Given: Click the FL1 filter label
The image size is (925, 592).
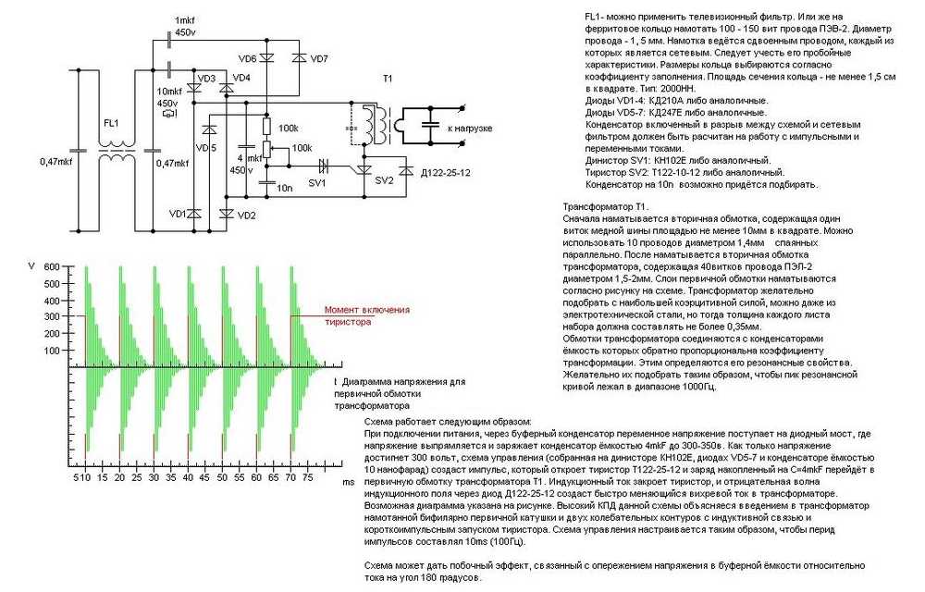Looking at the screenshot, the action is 111,123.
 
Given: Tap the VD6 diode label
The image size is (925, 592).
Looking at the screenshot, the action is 248,59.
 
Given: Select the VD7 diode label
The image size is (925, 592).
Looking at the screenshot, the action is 318,59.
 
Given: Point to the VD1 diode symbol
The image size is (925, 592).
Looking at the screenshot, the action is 194,214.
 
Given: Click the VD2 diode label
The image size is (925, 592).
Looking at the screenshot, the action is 247,216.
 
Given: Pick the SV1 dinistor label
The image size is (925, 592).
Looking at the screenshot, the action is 316,183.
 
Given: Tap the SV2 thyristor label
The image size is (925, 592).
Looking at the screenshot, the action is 384,180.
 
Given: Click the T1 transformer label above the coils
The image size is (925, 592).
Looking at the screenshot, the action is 388,79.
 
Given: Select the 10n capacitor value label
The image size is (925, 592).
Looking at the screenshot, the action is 284,188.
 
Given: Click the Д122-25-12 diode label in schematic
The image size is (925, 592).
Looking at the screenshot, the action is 446,173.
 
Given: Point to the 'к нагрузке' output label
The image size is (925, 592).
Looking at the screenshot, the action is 470,128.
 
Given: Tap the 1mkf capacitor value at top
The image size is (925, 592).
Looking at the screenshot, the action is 185,20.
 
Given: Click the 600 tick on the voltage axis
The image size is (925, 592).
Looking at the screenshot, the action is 52,267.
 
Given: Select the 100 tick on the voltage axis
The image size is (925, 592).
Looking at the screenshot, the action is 52,351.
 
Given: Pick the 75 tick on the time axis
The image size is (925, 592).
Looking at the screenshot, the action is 307,477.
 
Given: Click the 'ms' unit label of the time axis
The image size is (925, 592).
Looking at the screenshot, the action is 349,482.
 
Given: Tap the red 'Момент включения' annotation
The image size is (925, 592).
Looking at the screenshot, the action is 367,310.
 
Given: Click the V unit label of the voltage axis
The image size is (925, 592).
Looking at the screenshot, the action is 31,266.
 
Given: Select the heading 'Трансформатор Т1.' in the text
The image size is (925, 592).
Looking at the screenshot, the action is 606,207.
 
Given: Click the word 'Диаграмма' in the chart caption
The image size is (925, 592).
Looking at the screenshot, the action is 364,381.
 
